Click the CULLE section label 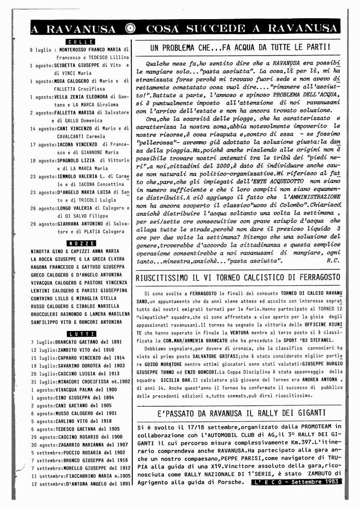pyautogui.click(x=80, y=42)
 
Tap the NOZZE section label pyautogui.click(x=80, y=243)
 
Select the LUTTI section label pyautogui.click(x=80, y=334)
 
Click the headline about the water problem pyautogui.click(x=240, y=47)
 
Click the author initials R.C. pyautogui.click(x=334, y=260)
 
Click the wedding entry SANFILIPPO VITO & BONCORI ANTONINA pyautogui.click(x=76, y=322)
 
